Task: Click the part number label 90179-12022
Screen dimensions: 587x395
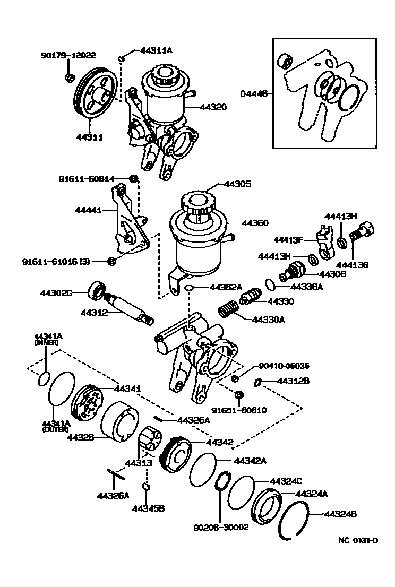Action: pyautogui.click(x=68, y=55)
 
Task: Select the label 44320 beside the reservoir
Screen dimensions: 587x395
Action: pyautogui.click(x=213, y=107)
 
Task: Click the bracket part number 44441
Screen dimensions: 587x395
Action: pyautogui.click(x=88, y=211)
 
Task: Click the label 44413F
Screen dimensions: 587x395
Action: pyautogui.click(x=288, y=239)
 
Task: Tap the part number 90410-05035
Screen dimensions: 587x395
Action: pyautogui.click(x=284, y=366)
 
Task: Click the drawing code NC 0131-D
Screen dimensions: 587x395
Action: pyautogui.click(x=358, y=541)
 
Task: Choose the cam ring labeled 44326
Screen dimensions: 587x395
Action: pyautogui.click(x=117, y=421)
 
